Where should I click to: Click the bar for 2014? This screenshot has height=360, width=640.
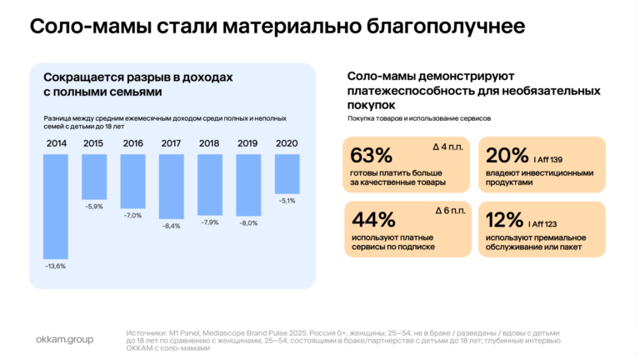pyautogui.click(x=56, y=207)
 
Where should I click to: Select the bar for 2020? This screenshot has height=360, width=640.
pyautogui.click(x=287, y=174)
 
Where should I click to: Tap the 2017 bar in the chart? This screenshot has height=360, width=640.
pyautogui.click(x=172, y=187)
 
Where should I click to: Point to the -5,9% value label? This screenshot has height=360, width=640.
pyautogui.click(x=94, y=207)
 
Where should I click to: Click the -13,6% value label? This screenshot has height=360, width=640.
pyautogui.click(x=56, y=266)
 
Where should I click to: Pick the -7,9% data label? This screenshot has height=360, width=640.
pyautogui.click(x=210, y=222)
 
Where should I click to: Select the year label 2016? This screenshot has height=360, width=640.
pyautogui.click(x=133, y=143)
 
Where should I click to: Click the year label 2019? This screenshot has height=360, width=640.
pyautogui.click(x=247, y=143)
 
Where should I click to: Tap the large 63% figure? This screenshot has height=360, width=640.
pyautogui.click(x=371, y=155)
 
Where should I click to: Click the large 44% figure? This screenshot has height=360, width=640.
pyautogui.click(x=373, y=220)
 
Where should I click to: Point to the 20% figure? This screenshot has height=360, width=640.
pyautogui.click(x=507, y=155)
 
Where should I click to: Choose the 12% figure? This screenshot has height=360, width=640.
pyautogui.click(x=504, y=220)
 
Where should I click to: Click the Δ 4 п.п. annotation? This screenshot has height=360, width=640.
pyautogui.click(x=448, y=147)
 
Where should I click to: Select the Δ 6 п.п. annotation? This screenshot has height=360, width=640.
pyautogui.click(x=450, y=211)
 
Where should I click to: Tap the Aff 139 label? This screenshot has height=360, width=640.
pyautogui.click(x=547, y=160)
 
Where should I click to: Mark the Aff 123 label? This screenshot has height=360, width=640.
pyautogui.click(x=542, y=224)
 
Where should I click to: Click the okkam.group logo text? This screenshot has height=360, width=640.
pyautogui.click(x=64, y=340)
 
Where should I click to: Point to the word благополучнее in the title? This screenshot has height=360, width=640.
pyautogui.click(x=445, y=27)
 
